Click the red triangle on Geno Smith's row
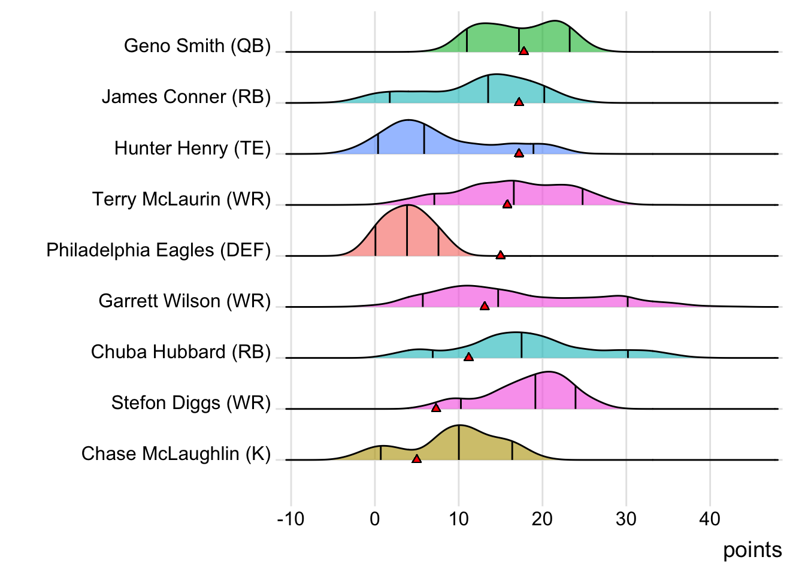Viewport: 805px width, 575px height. pyautogui.click(x=524, y=51)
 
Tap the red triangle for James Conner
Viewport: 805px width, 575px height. pyautogui.click(x=519, y=102)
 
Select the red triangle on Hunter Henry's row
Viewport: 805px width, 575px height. pyautogui.click(x=519, y=153)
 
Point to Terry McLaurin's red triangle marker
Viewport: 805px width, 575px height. pyautogui.click(x=507, y=204)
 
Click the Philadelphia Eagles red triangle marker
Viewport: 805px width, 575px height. pyautogui.click(x=500, y=255)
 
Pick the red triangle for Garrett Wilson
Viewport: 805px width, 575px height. pyautogui.click(x=485, y=306)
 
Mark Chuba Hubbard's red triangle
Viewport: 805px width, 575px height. pyautogui.click(x=468, y=357)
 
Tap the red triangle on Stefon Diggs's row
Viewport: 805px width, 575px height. pyautogui.click(x=436, y=408)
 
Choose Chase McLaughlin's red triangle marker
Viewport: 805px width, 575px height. pyautogui.click(x=416, y=459)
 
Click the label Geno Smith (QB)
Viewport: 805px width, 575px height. pyautogui.click(x=197, y=46)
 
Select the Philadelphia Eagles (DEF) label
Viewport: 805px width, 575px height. pyautogui.click(x=158, y=250)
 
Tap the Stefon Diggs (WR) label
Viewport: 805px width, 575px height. pyautogui.click(x=190, y=402)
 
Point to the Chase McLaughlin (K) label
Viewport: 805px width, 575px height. pyautogui.click(x=175, y=453)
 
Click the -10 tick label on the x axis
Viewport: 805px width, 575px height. pyautogui.click(x=290, y=519)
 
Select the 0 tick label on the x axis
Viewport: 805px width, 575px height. pyautogui.click(x=375, y=519)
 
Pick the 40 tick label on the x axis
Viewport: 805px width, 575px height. pyautogui.click(x=710, y=519)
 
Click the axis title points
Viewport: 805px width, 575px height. pyautogui.click(x=752, y=550)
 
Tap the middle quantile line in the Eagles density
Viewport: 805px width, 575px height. pyautogui.click(x=407, y=231)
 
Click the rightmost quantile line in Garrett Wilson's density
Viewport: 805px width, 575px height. pyautogui.click(x=627, y=301)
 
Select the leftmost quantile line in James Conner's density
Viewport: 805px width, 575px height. pyautogui.click(x=390, y=97)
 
